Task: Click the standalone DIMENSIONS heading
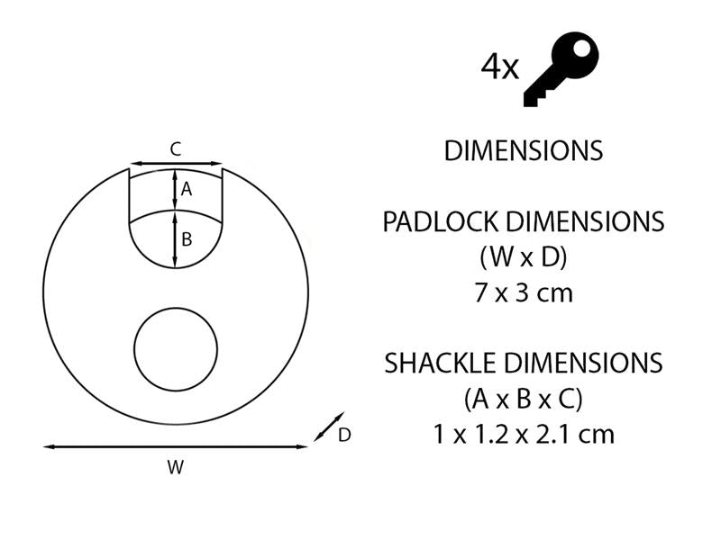(523, 150)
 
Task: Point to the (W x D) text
(523, 257)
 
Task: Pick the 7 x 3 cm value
(523, 292)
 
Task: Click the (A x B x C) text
(523, 399)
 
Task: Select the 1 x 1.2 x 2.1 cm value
(523, 435)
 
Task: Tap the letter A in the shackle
(187, 189)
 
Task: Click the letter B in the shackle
(187, 239)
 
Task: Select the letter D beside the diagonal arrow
(344, 436)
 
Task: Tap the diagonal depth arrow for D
(327, 427)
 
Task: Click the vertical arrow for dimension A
(176, 189)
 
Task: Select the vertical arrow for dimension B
(176, 239)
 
